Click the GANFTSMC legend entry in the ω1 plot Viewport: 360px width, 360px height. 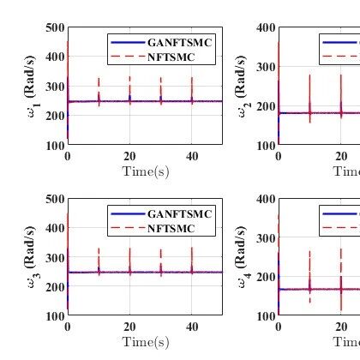tap(180, 42)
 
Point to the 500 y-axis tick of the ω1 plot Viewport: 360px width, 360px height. tap(54, 28)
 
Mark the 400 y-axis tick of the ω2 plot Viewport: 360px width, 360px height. tap(265, 28)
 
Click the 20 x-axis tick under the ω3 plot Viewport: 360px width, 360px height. tap(129, 327)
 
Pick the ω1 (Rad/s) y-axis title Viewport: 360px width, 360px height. tap(32, 86)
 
